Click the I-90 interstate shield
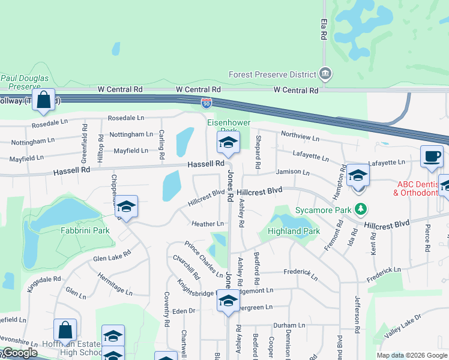coord(206,103)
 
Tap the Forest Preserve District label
coord(273,75)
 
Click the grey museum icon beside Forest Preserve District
coord(325,74)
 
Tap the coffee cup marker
coord(432,157)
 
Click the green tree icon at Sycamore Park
coord(360,209)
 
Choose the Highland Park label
coord(294,232)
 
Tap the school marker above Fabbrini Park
coord(126,207)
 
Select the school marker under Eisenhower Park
coord(228,142)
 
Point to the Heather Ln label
coord(208,224)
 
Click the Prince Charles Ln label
coord(204,259)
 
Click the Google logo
coord(20,353)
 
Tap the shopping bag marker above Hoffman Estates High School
coord(65,330)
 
